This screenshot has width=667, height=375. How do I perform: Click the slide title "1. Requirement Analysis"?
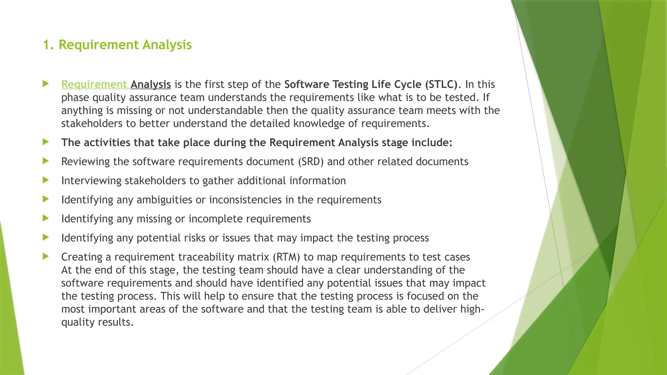point(117,45)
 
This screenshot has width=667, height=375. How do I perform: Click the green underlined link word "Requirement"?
point(94,84)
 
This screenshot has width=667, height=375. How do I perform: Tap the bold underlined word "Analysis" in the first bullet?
point(151,84)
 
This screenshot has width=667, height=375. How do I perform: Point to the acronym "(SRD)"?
point(311,162)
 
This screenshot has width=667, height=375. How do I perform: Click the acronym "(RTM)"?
point(286,257)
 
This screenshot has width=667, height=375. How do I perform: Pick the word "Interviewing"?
point(91,181)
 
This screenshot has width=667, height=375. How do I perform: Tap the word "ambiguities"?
point(164,200)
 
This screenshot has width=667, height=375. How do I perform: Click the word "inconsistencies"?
point(245,200)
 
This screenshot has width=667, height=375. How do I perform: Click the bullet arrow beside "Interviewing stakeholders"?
point(46,180)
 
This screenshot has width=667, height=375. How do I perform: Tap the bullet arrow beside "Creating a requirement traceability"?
point(46,257)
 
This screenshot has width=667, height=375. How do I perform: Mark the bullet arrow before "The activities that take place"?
point(46,142)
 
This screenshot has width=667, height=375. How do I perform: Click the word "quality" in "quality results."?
point(78,322)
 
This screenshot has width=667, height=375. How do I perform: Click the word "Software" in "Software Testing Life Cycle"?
point(306,84)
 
